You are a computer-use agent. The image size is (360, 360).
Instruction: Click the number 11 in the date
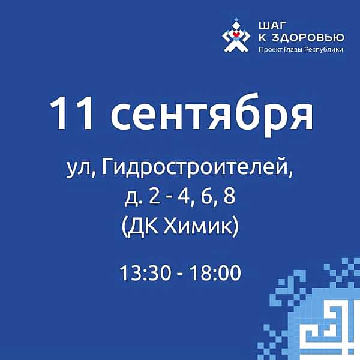(71, 113)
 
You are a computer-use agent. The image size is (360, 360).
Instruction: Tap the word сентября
(211, 115)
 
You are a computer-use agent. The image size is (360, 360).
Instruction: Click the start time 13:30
(146, 273)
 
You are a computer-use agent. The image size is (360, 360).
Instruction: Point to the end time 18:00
(215, 273)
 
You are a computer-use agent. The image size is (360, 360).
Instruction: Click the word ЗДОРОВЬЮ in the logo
(308, 38)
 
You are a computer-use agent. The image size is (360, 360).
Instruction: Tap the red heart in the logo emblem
(236, 34)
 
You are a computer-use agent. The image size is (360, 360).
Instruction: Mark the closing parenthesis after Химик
(236, 227)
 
